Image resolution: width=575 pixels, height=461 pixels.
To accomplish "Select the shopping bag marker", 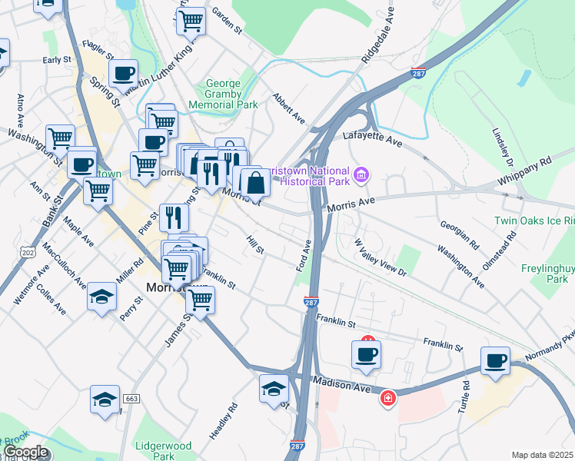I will [255, 184].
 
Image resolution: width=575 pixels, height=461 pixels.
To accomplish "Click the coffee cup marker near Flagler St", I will [123, 75].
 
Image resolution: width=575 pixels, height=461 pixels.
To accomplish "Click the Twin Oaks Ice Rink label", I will [534, 221].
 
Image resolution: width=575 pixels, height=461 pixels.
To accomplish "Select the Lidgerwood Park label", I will [162, 450].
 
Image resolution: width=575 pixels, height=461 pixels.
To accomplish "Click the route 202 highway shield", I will [28, 251].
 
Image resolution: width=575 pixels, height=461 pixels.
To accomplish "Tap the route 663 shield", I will [131, 399].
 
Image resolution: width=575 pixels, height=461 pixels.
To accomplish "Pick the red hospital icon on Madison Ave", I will [388, 397].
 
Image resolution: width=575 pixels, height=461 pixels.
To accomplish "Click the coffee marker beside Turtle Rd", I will [495, 361].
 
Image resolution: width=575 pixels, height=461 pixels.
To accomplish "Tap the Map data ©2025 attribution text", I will [542, 455].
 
